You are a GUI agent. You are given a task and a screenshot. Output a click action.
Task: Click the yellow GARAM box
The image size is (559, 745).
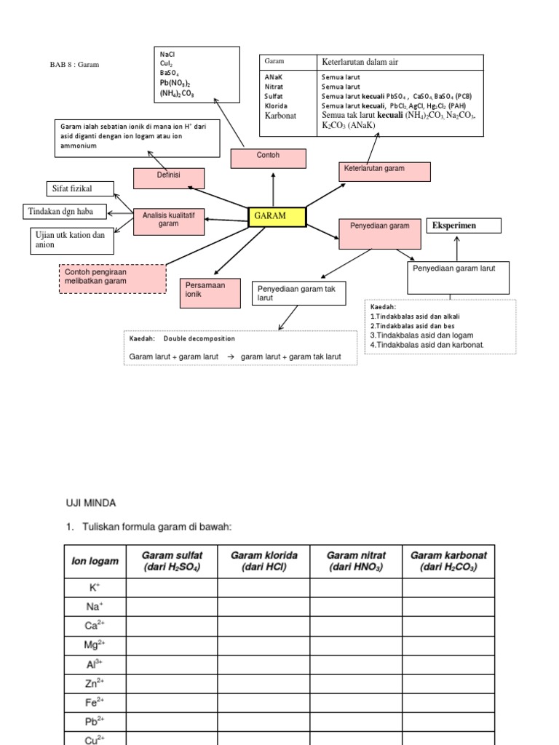pos(277,217)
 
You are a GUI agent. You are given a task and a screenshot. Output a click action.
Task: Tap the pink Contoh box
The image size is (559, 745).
pos(268,158)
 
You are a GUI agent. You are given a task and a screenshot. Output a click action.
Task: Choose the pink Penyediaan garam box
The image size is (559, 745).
pos(380,233)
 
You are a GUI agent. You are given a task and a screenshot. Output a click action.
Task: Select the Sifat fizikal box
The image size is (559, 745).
pos(80,189)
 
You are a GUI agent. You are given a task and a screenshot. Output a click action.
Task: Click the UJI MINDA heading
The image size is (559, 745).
pos(91,503)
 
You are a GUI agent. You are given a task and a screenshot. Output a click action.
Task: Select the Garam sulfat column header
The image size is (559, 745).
pos(172,561)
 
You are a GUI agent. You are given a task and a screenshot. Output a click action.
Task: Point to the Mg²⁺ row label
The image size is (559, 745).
pos(95,644)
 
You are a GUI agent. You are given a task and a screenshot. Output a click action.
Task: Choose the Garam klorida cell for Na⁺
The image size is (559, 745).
pos(263,606)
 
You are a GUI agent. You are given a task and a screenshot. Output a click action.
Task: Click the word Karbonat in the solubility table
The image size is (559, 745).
pos(280,115)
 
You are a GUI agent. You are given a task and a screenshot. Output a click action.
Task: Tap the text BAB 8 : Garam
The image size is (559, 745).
pos(74,65)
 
